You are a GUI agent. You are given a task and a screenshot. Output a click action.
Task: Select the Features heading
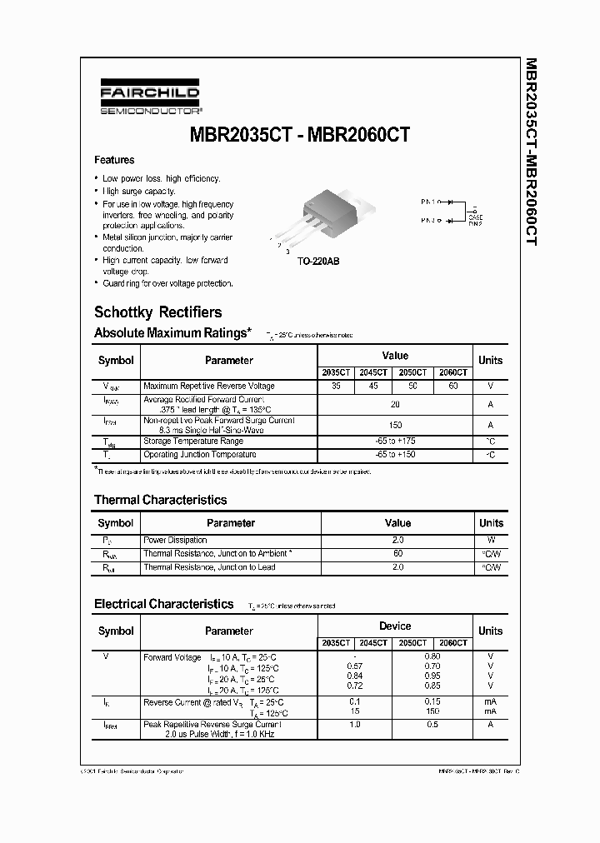[114, 160]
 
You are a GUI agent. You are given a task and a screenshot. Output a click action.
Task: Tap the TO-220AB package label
[319, 261]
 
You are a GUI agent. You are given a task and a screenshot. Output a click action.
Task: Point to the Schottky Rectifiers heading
[157, 312]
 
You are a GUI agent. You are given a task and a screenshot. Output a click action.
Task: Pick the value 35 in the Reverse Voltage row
[336, 387]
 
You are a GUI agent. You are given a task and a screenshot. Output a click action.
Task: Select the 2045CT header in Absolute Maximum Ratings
[374, 373]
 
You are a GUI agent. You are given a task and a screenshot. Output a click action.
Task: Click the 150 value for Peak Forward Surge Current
[395, 426]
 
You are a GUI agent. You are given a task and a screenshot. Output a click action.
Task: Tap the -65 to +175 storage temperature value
[395, 441]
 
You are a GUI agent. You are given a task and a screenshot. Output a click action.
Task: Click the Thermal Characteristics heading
[160, 500]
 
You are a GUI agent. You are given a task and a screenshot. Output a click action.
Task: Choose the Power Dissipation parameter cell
[175, 541]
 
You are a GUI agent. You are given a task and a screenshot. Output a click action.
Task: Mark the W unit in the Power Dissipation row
[491, 541]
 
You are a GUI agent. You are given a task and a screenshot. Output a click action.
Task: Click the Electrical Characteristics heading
[163, 604]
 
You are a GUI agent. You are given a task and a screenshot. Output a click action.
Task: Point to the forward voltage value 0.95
[431, 676]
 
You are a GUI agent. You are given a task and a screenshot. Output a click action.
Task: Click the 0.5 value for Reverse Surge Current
[431, 725]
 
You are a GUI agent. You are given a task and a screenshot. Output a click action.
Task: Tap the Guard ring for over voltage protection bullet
[167, 283]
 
